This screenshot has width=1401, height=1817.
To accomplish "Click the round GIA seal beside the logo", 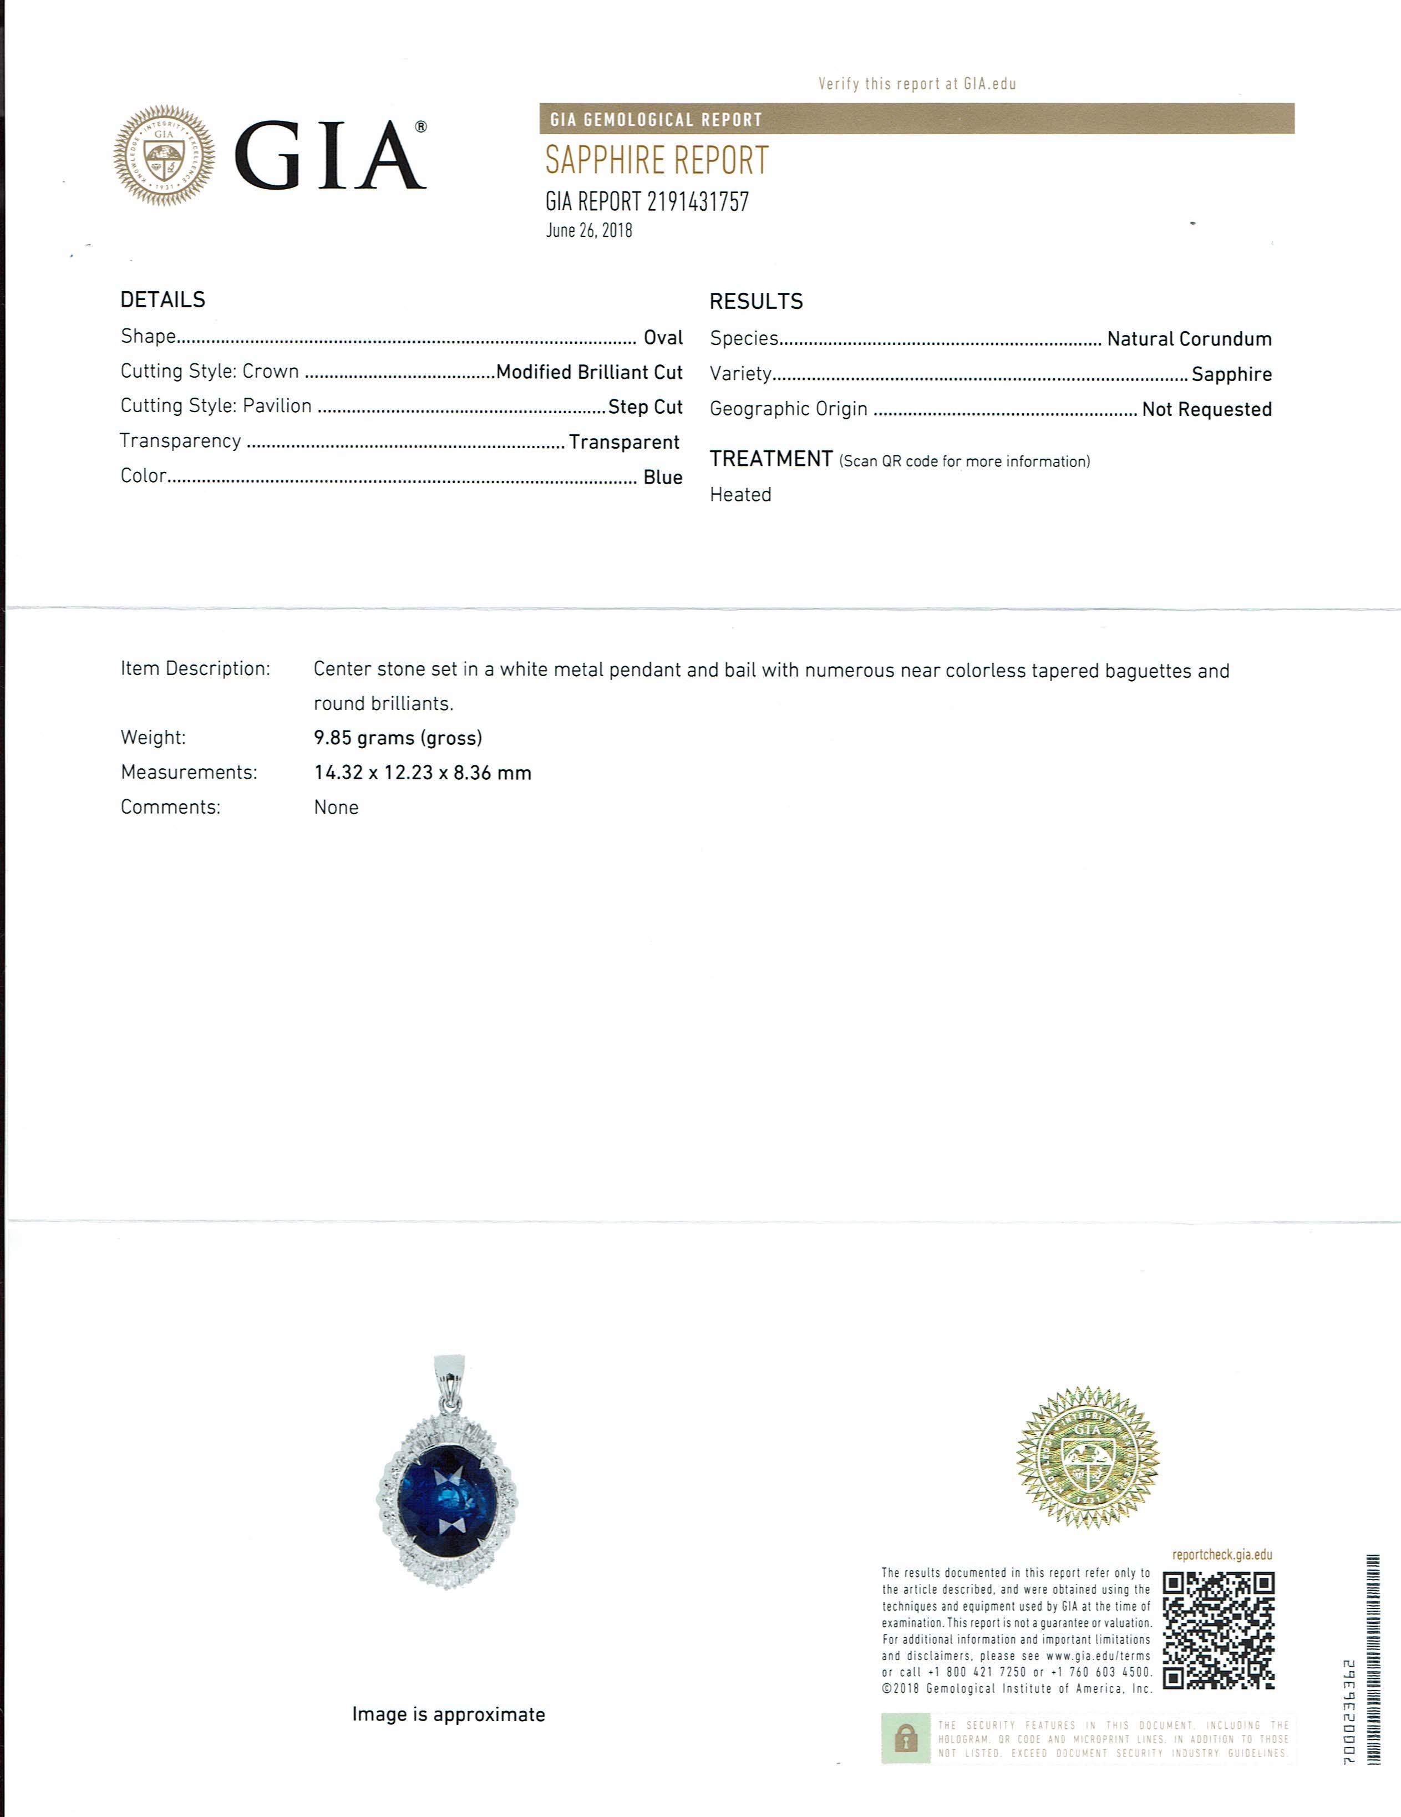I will coord(164,155).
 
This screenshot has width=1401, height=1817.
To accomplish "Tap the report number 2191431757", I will coord(697,202).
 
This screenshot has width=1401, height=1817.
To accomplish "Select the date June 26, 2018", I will coord(589,231).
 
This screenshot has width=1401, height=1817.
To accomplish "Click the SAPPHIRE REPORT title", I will coord(657,161).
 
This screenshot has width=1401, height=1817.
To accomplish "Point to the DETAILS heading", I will coord(163,300).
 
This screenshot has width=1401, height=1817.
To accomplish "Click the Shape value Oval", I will coord(663,338).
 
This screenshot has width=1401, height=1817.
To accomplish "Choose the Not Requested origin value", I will coord(1206,409).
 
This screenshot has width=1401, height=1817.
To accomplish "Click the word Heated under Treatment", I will coord(740,495).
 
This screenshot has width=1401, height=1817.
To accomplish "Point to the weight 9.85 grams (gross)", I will coord(398,738).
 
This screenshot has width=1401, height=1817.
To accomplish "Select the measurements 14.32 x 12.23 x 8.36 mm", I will coord(423,773).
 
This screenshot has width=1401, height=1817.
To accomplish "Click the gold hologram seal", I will coord(1087,1456).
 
